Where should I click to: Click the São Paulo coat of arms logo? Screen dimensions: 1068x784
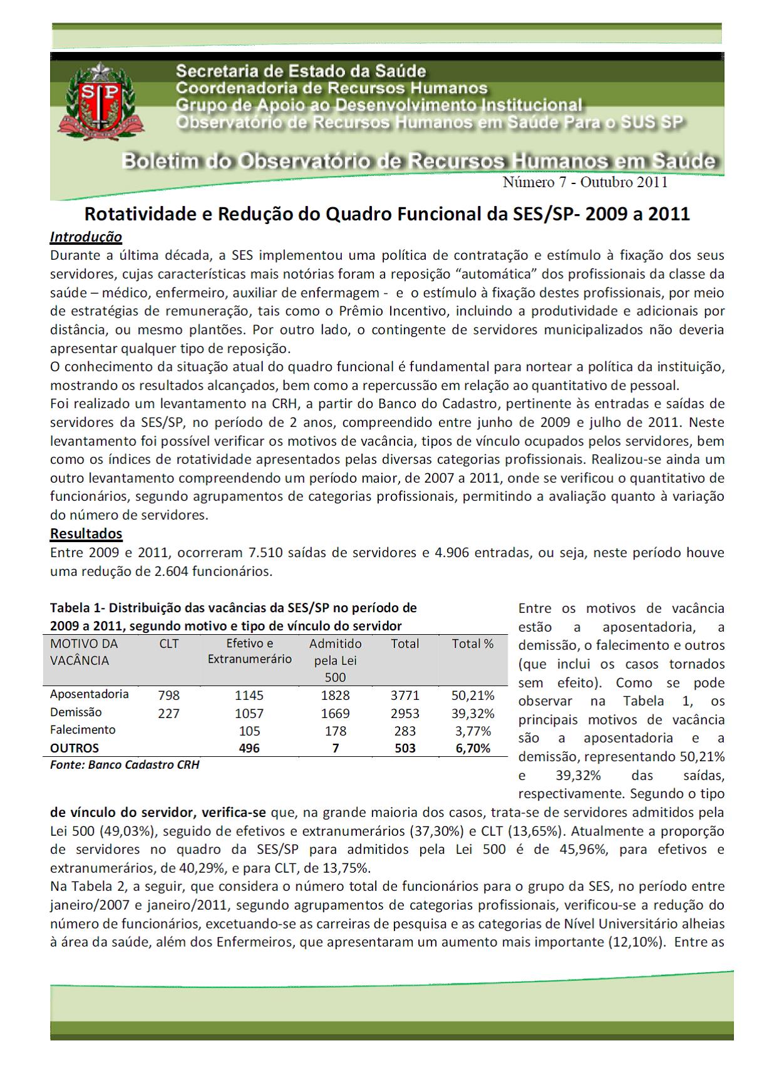(101, 101)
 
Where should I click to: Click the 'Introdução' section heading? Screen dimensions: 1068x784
(86, 237)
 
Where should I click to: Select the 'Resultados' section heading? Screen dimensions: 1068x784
(86, 534)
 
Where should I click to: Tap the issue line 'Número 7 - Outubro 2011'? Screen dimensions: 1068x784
(585, 182)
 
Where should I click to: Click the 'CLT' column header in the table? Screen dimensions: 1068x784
(169, 644)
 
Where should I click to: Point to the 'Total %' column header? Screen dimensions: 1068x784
(473, 644)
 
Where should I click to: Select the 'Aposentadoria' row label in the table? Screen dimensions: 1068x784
(89, 694)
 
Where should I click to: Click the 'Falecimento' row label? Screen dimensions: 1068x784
(83, 730)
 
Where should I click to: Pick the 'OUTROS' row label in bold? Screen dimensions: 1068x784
(75, 748)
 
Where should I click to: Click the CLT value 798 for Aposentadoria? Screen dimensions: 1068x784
(169, 696)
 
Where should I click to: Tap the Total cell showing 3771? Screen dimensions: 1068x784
(405, 696)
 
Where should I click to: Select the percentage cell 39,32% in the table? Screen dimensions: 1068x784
(473, 714)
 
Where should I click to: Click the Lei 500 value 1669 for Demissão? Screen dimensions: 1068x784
(335, 714)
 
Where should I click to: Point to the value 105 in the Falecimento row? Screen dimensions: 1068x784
(249, 731)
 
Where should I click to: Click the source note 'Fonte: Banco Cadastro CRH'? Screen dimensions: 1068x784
(125, 765)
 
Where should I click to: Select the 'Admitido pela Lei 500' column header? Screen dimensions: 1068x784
(335, 660)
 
